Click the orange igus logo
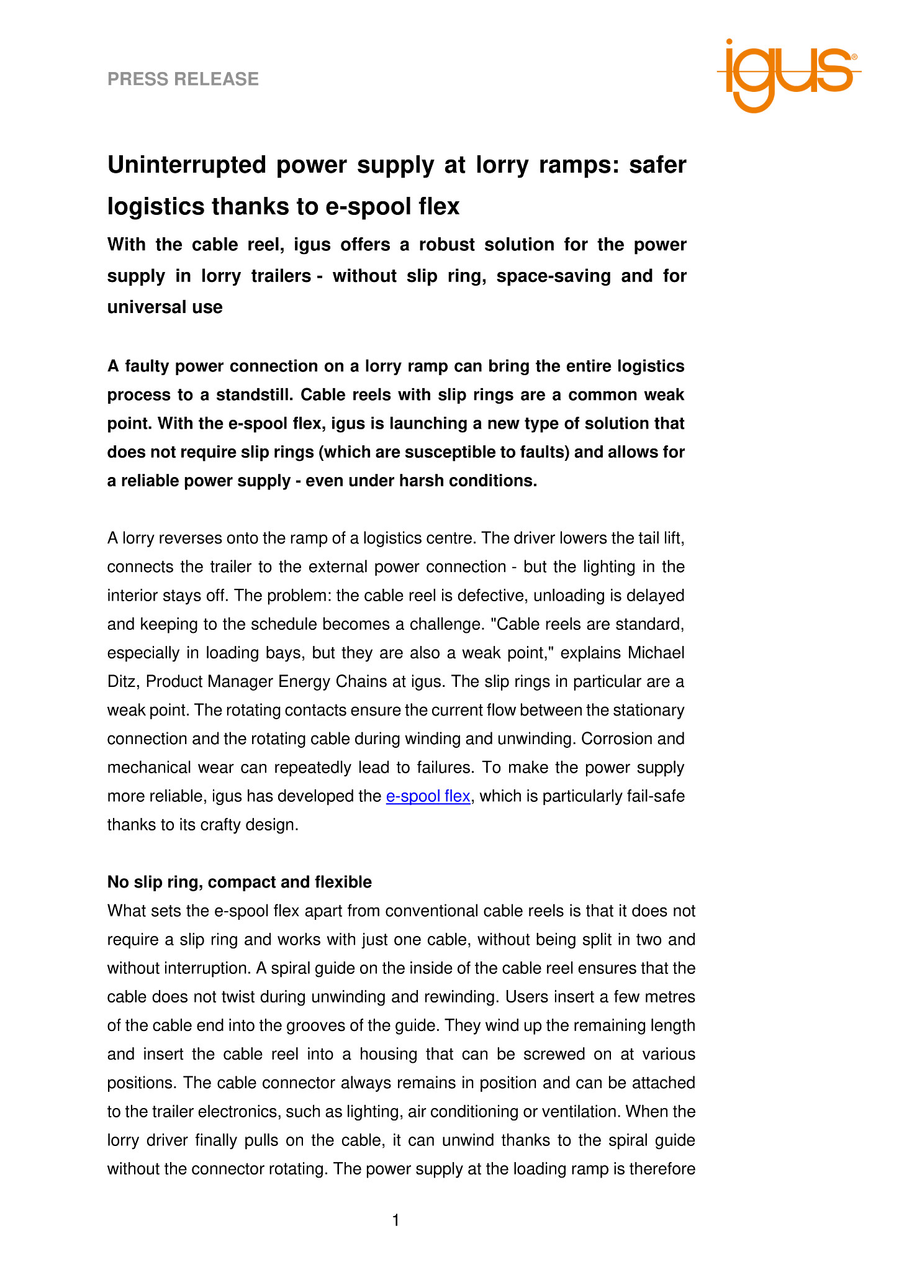[788, 75]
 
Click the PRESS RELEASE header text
[183, 79]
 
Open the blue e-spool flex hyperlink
[428, 796]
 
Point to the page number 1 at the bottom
[395, 1221]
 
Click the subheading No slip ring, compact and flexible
[240, 882]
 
